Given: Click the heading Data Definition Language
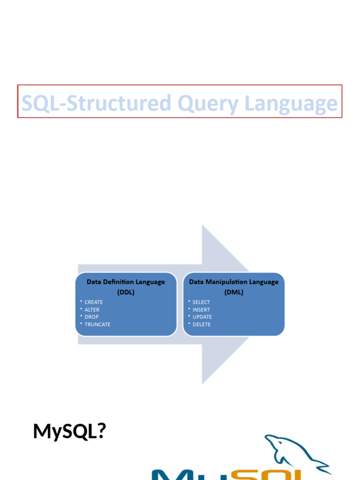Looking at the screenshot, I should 126,282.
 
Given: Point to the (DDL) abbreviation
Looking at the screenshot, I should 126,292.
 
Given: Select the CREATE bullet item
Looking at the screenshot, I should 93,302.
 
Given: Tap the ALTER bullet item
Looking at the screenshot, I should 92,310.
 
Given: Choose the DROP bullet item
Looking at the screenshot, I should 91,317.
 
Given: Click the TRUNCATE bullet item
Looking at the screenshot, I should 97,324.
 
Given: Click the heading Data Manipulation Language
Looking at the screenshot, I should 233,282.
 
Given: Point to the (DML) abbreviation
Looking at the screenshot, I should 233,292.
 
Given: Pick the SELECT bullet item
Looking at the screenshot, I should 201,302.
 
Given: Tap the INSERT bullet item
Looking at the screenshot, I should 201,310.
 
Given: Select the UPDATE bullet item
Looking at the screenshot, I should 202,317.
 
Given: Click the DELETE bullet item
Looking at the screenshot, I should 202,324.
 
